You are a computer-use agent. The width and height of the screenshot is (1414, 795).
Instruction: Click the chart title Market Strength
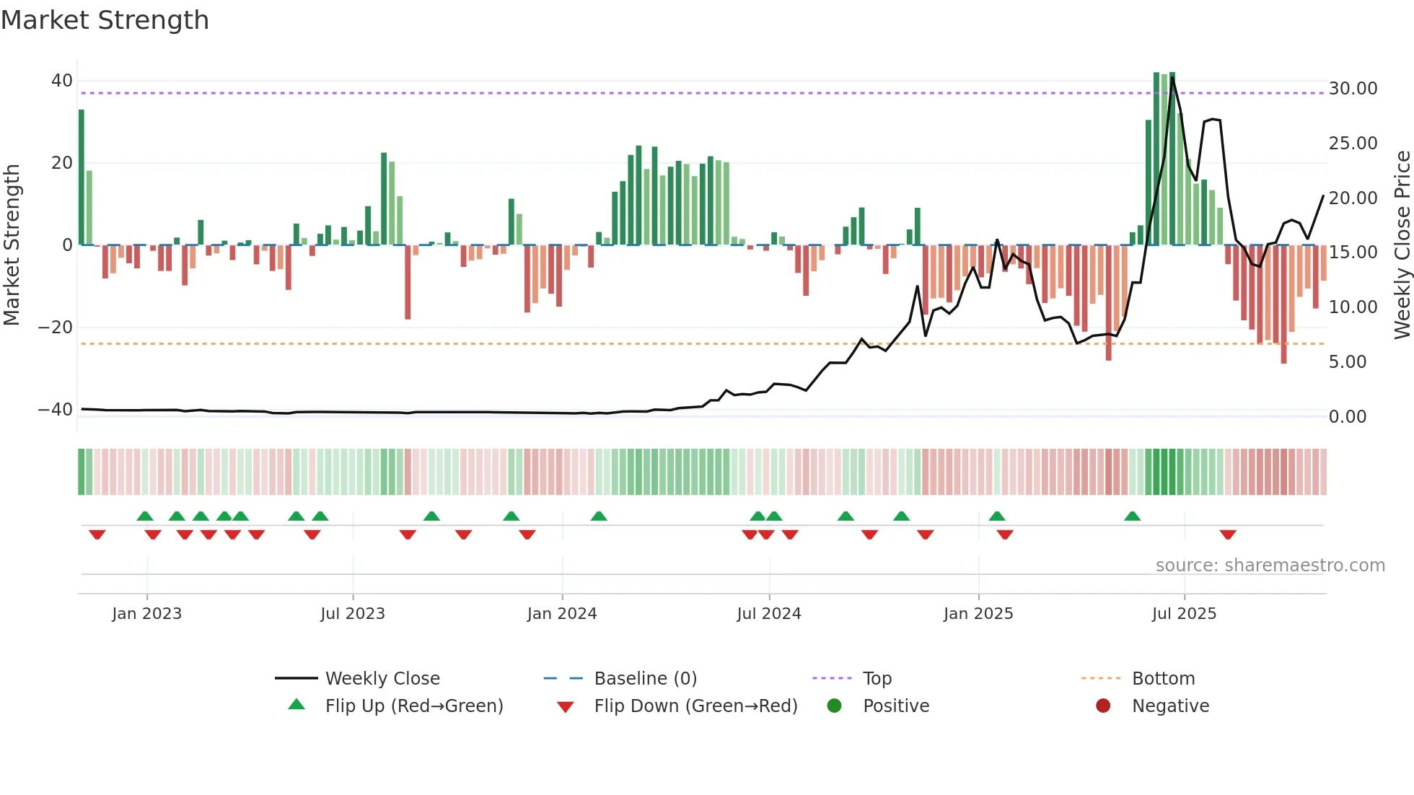[x=105, y=20]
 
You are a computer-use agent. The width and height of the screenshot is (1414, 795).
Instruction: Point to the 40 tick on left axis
[x=61, y=81]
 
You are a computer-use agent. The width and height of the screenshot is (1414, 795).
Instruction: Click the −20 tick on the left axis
[x=55, y=328]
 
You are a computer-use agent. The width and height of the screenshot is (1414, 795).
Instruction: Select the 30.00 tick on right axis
[x=1353, y=89]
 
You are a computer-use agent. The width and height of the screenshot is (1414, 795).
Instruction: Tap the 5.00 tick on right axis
[x=1347, y=362]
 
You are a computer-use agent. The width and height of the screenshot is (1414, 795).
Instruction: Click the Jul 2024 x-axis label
[x=768, y=614]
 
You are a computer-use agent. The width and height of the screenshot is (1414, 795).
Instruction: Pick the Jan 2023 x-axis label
[x=146, y=614]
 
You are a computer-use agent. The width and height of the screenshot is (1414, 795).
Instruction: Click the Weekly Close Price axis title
[x=1402, y=245]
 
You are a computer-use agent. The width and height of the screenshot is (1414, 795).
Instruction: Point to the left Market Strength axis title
[x=12, y=245]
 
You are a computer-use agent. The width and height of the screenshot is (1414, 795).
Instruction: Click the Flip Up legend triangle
[x=297, y=705]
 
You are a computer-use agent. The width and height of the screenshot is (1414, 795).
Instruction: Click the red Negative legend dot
[x=1102, y=706]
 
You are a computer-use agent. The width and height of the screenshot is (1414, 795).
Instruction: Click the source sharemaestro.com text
[x=1270, y=566]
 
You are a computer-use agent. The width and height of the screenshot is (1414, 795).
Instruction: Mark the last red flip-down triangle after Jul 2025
[x=1228, y=535]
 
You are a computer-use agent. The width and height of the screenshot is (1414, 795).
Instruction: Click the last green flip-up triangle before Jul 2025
[x=1132, y=516]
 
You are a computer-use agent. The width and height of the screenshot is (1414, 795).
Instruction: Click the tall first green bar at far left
[x=82, y=177]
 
